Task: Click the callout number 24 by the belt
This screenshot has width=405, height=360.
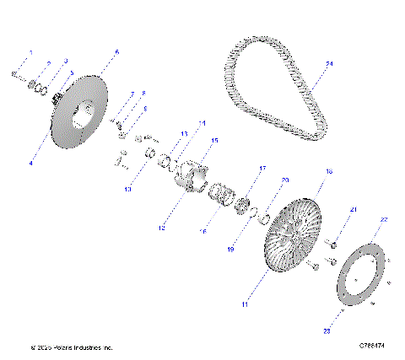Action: pos(330,64)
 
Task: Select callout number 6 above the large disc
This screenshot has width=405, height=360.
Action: pos(116,52)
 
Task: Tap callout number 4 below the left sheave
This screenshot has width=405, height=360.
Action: pos(31,163)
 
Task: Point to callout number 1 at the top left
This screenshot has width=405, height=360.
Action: pos(31,52)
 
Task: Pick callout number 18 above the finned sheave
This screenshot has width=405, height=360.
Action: pos(329,171)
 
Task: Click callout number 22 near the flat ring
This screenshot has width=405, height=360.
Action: pos(384,219)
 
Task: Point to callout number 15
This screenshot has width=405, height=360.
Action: pos(214,140)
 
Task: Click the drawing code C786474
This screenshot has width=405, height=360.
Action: pos(371,346)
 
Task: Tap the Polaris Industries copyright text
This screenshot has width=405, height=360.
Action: pos(71,347)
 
